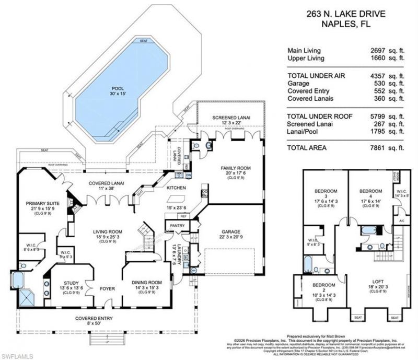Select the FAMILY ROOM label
tap(236, 168)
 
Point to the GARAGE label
tap(230, 232)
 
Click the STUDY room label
tap(68, 283)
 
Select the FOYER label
tap(107, 287)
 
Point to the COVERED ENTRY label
tap(92, 318)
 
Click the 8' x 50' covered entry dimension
tap(92, 324)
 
